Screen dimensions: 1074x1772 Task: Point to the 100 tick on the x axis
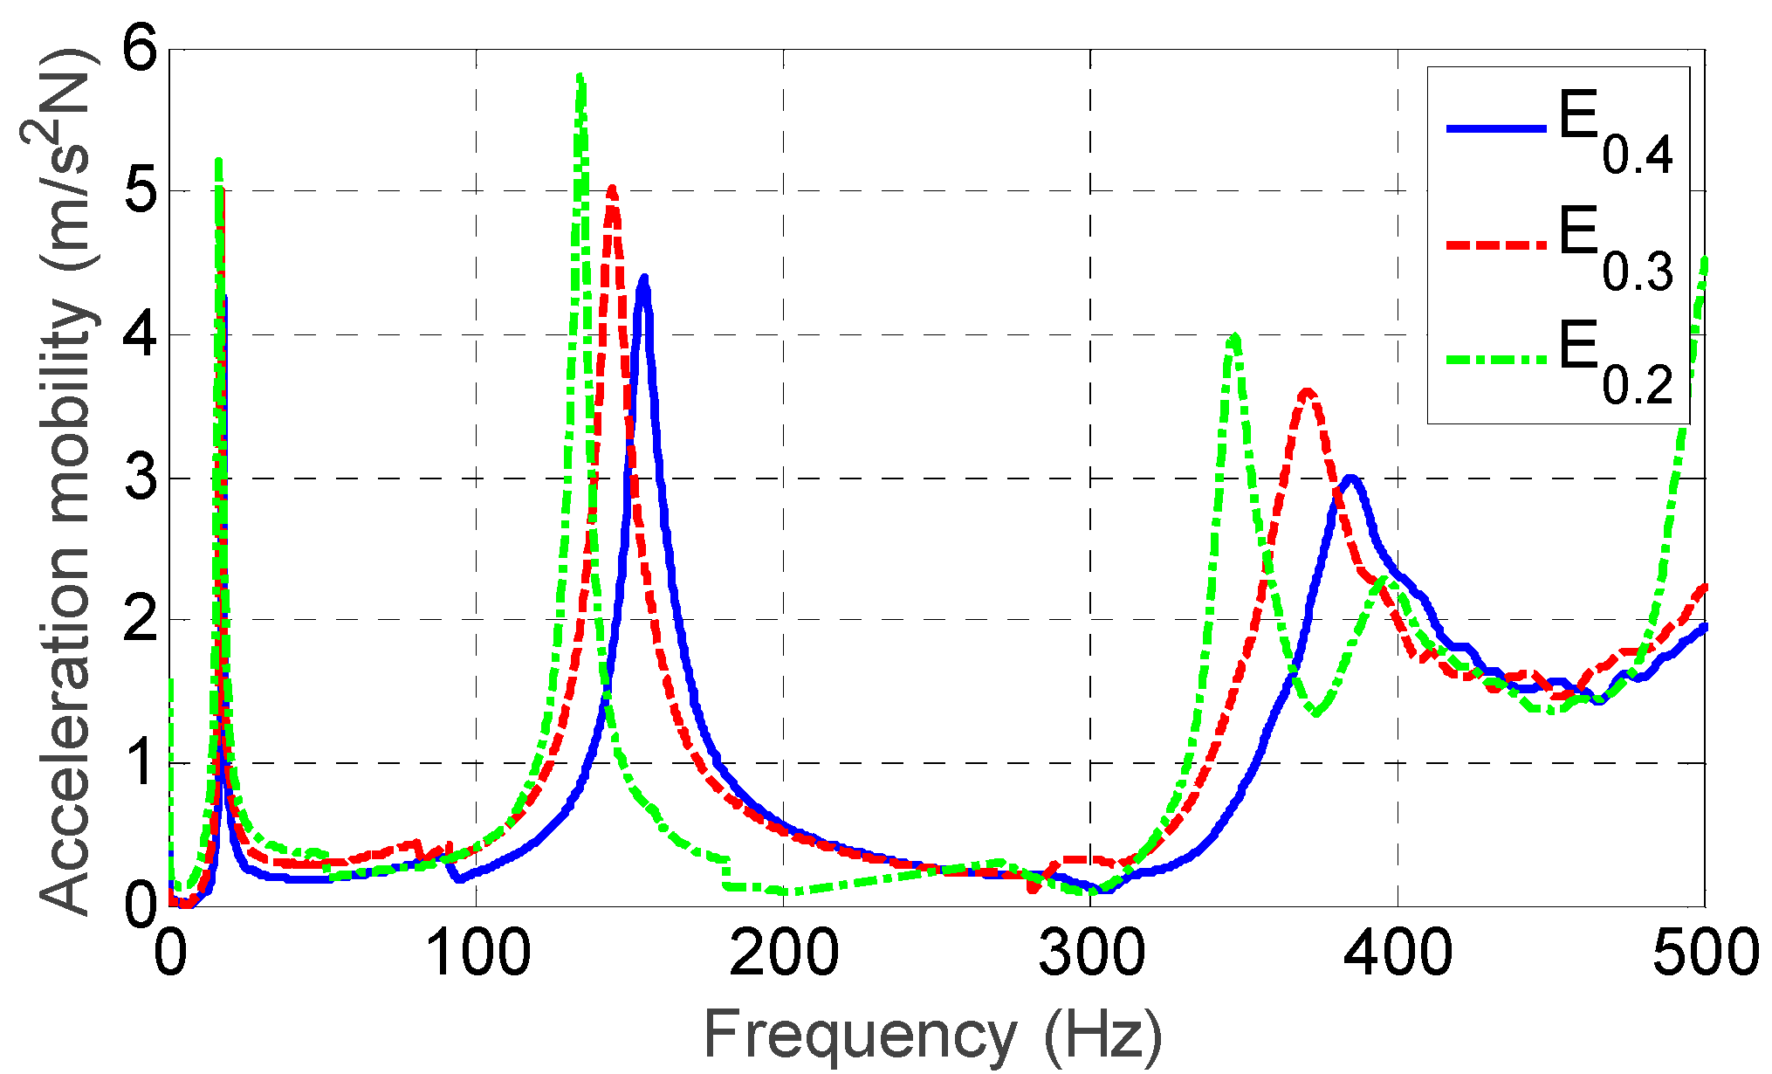tap(477, 954)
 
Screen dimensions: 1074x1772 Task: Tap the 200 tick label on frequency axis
tap(784, 954)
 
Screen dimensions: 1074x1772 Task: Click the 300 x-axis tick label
tap(1091, 954)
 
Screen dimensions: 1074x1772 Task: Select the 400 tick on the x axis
tap(1398, 954)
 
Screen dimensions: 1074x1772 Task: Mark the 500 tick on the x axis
tap(1705, 954)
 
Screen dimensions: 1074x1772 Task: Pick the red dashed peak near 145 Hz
tap(612, 189)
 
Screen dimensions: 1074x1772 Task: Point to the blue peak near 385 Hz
tap(1351, 478)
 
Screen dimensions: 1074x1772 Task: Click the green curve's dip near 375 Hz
tap(1315, 713)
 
